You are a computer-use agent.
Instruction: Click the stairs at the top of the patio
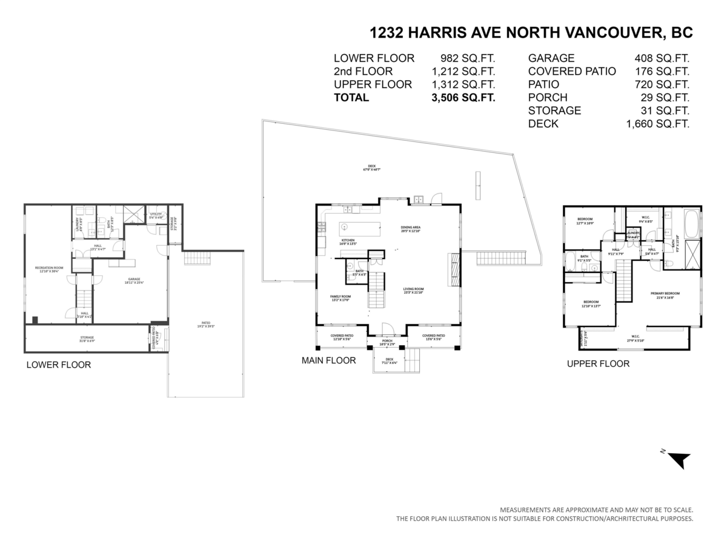click(195, 259)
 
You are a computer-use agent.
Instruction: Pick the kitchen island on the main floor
click(360, 229)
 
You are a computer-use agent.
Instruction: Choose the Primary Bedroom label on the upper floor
click(665, 295)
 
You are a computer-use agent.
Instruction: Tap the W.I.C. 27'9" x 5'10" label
click(635, 339)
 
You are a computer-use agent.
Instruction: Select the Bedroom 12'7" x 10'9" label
click(585, 220)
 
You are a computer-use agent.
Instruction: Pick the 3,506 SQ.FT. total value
click(463, 98)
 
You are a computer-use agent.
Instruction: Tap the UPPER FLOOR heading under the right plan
click(598, 364)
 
